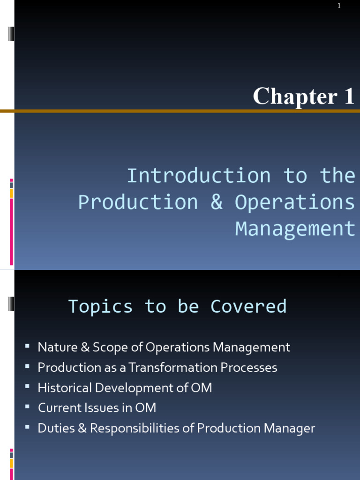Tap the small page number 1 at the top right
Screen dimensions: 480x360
click(339, 6)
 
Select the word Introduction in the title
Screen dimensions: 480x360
click(199, 176)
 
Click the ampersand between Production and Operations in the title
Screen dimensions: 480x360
click(216, 202)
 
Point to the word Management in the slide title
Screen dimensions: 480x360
click(295, 229)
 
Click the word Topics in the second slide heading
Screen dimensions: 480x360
click(100, 306)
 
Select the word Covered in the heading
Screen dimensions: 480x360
click(248, 306)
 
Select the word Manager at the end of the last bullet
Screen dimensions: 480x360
click(289, 428)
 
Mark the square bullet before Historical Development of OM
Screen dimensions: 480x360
click(28, 387)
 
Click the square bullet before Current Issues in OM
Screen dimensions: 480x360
click(28, 407)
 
